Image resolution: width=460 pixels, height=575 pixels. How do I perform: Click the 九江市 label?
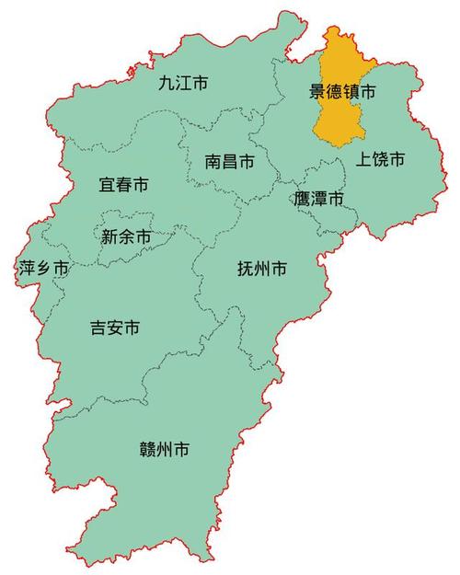[x=182, y=83]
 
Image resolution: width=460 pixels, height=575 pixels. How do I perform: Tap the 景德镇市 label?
[x=342, y=92]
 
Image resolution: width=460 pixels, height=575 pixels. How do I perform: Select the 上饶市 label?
[x=380, y=159]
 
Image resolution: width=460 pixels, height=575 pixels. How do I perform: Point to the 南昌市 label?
[x=230, y=163]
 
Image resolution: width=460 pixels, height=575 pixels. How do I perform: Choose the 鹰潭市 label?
[x=318, y=199]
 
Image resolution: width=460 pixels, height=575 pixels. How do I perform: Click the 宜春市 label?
[x=123, y=185]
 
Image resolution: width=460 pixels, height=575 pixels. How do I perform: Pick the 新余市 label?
[x=126, y=236]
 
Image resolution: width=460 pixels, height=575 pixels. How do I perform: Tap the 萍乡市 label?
[x=43, y=269]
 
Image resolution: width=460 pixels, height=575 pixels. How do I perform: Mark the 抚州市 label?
[x=261, y=269]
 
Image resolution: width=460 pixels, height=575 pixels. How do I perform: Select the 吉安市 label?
[x=115, y=327]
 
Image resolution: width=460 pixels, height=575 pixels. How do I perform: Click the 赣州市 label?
[x=165, y=450]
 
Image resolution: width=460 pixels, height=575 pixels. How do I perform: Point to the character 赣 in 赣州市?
[x=147, y=450]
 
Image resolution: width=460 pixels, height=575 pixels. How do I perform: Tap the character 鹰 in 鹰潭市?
[x=302, y=199]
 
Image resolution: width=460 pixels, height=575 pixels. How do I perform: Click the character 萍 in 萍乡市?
[x=27, y=269]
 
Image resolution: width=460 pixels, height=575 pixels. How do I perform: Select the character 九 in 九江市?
[x=166, y=83]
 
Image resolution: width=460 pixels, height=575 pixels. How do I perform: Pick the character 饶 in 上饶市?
[x=380, y=159]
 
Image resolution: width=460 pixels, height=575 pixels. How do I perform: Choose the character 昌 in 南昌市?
[x=230, y=163]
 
